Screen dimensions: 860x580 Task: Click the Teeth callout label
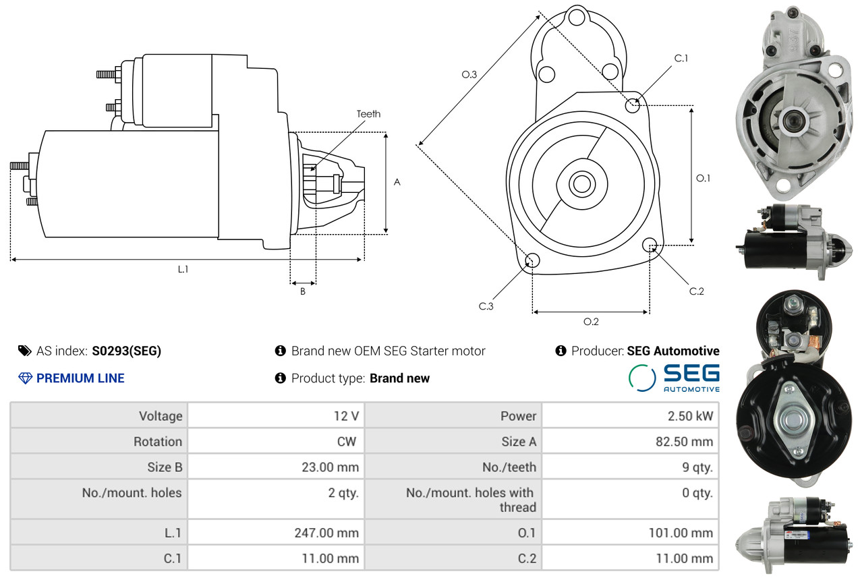368,114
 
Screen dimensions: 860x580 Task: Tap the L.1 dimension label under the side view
183,269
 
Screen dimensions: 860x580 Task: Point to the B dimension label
303,292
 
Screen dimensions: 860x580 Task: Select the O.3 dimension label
469,74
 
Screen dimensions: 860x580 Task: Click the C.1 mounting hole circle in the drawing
632,106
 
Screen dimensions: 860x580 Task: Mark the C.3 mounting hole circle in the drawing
532,260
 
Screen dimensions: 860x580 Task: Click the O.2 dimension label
591,322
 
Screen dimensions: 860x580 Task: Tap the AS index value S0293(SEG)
126,351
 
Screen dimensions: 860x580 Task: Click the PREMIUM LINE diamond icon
26,378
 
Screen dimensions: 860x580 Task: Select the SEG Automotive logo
675,378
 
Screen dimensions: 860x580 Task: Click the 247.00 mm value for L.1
326,533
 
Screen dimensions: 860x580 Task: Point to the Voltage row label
161,416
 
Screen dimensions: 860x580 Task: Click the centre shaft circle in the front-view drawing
581,184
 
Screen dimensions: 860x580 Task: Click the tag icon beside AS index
25,351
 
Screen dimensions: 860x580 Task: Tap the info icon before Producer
561,351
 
